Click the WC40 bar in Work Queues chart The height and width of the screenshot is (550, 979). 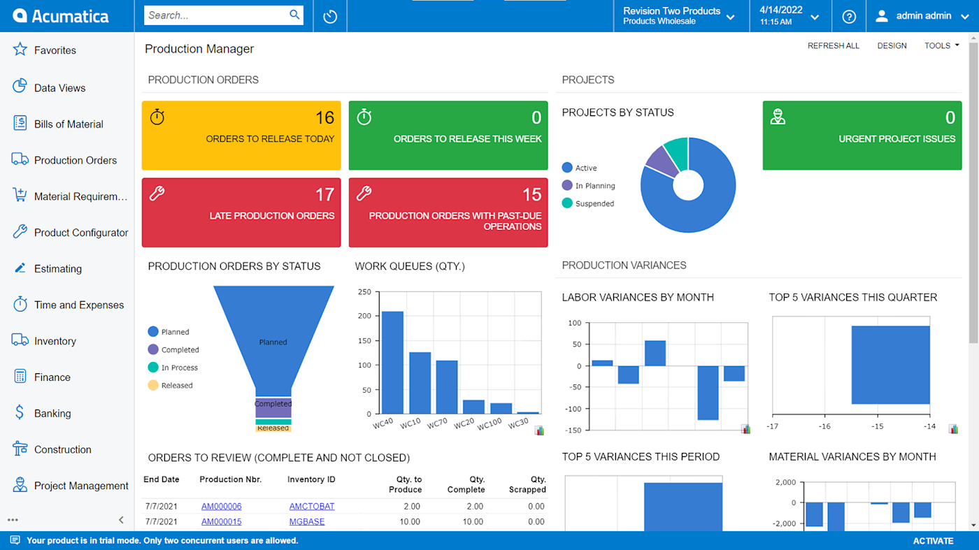(x=392, y=363)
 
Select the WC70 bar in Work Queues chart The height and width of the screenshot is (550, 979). (x=447, y=387)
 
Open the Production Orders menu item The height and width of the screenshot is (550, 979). (x=75, y=160)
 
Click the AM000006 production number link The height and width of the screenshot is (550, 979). (x=221, y=506)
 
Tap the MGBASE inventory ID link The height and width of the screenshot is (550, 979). (x=307, y=521)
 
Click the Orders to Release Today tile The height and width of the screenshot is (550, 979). (x=241, y=136)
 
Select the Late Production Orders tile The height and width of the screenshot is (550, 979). (x=241, y=212)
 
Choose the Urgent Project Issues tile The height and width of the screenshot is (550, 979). (x=862, y=136)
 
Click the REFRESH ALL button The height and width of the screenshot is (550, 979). (x=833, y=45)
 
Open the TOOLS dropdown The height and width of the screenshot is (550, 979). (x=941, y=45)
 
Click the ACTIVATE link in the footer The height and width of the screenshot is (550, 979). (x=933, y=541)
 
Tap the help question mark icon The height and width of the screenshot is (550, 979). (x=849, y=16)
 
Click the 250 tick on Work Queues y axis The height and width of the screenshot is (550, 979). (x=364, y=291)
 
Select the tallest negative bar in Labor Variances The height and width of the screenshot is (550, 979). (x=708, y=392)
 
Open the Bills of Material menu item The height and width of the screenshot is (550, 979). (x=68, y=124)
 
